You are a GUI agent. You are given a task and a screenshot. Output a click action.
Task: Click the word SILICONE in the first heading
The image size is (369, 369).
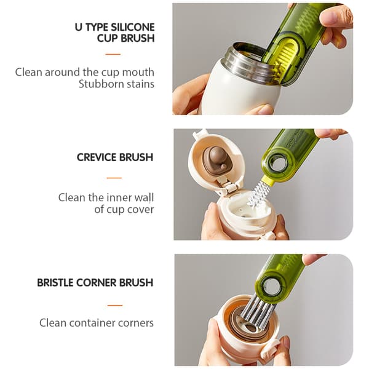(x=132, y=27)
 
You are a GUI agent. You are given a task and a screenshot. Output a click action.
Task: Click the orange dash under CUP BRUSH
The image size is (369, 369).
(x=113, y=54)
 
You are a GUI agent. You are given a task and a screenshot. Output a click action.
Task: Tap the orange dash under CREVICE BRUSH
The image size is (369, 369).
(x=114, y=178)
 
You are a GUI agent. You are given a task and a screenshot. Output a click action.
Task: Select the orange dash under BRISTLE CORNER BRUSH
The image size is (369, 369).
(x=115, y=305)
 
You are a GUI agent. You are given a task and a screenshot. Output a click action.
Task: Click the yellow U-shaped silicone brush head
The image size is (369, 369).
(x=282, y=57)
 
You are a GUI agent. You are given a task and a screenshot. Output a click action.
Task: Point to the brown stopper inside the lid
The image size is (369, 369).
(x=215, y=160)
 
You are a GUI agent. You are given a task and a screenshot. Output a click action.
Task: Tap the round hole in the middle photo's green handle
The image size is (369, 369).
(x=279, y=163)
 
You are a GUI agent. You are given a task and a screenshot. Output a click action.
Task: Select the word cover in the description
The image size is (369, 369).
(x=140, y=210)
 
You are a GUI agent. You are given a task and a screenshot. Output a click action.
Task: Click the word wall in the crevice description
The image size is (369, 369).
(x=144, y=197)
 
